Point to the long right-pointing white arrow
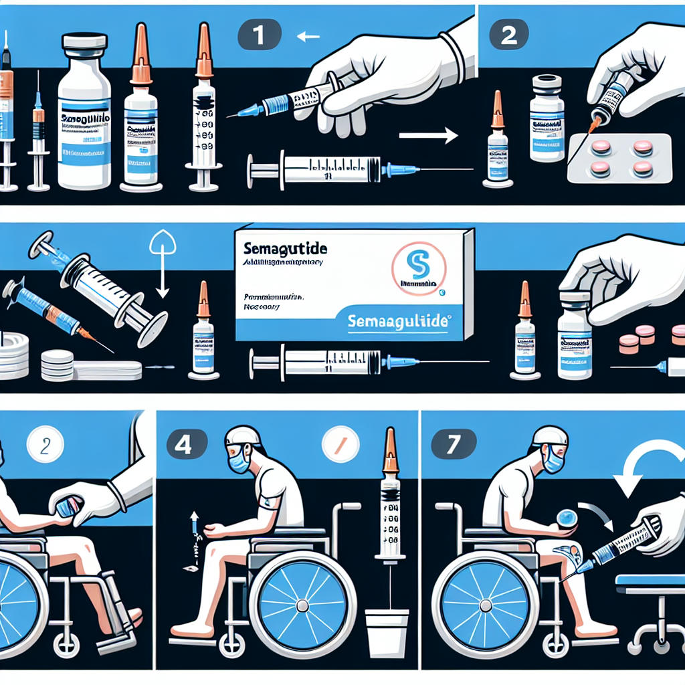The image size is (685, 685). tap(427, 136)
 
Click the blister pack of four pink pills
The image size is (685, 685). tap(619, 159)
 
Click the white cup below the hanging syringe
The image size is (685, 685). tap(387, 632)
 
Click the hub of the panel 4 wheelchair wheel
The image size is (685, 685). tap(303, 605)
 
